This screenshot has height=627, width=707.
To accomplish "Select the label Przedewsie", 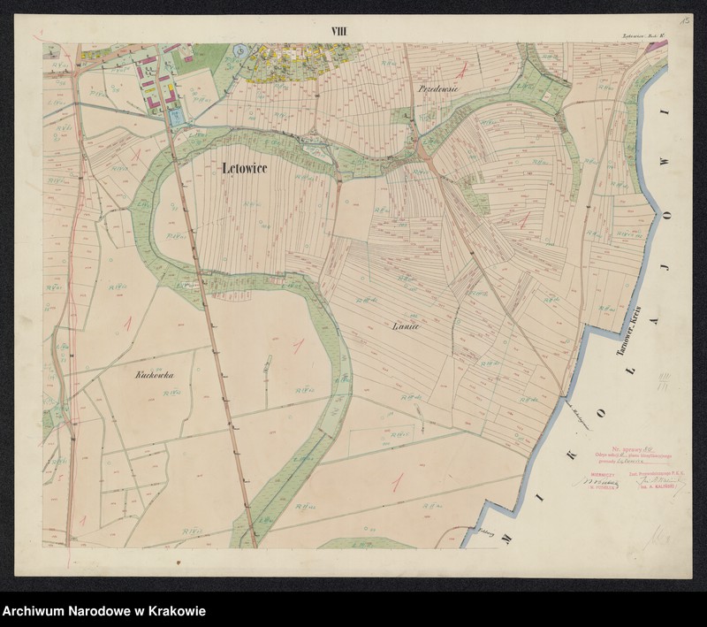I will [x=437, y=91].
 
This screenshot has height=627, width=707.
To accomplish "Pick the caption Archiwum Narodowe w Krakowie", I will [x=104, y=611].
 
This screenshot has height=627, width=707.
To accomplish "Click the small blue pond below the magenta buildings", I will [x=177, y=116].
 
